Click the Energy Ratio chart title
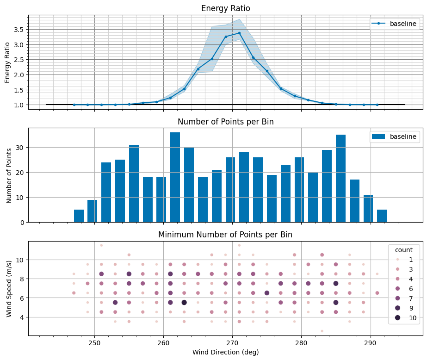225,8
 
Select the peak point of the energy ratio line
239,33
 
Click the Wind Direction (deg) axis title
225,352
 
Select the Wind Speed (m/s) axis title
10,288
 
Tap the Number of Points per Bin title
225,122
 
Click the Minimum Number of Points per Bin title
225,235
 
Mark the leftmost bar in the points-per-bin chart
79,216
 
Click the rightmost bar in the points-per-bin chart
382,216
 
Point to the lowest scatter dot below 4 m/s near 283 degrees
322,331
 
